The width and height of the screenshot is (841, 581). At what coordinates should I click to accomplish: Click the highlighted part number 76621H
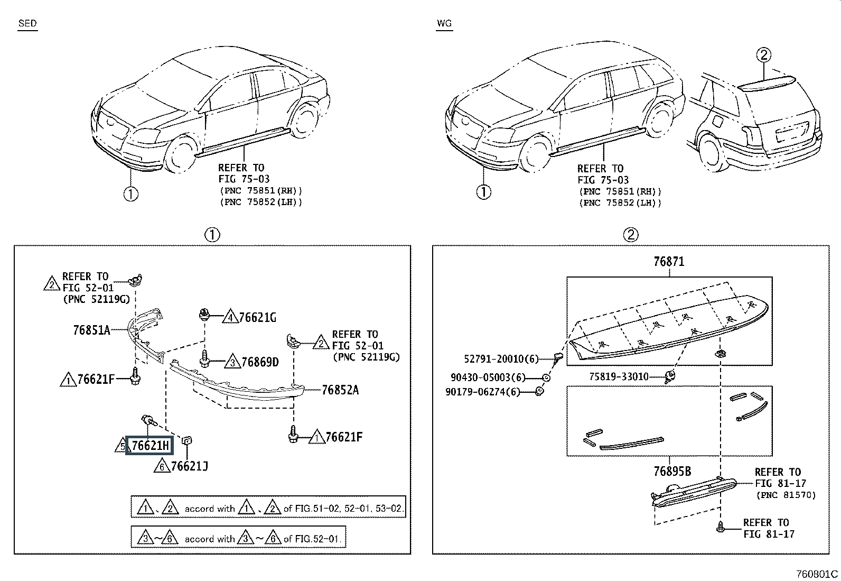click(150, 446)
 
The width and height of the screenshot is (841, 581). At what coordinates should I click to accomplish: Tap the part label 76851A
click(91, 331)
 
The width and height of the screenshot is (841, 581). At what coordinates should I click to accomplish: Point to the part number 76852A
click(340, 390)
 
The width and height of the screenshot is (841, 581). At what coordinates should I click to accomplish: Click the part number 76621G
click(258, 318)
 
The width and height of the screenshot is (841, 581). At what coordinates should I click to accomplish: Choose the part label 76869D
click(260, 363)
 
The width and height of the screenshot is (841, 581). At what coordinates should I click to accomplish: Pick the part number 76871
click(669, 262)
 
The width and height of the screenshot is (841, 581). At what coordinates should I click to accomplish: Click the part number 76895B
click(672, 472)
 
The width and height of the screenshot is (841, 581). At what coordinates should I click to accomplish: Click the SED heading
click(27, 23)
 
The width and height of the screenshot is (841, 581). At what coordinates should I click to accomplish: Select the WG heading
click(444, 23)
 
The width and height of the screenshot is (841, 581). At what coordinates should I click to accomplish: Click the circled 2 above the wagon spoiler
click(763, 54)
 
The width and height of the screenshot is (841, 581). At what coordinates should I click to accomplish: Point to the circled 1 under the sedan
click(130, 194)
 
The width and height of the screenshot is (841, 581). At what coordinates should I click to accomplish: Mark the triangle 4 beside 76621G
click(230, 317)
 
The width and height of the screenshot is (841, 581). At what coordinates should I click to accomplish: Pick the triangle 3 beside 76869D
click(232, 362)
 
